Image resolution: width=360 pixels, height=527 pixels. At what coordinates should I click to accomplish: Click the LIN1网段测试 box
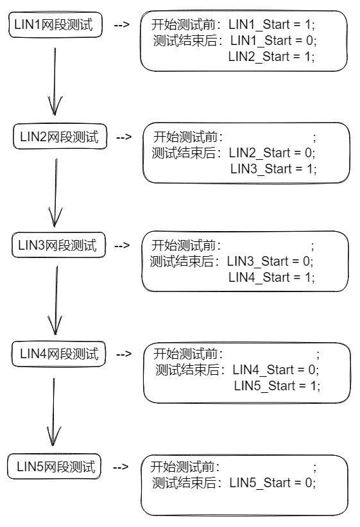point(55,26)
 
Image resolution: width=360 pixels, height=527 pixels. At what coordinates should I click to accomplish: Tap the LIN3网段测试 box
point(58,245)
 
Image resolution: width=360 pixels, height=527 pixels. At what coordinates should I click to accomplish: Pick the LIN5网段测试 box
point(56,467)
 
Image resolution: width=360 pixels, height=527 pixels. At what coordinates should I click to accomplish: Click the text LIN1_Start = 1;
point(272,25)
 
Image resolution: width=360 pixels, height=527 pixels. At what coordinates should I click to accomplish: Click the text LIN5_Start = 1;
point(277,386)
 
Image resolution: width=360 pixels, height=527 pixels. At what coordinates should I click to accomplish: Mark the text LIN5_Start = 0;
point(273,483)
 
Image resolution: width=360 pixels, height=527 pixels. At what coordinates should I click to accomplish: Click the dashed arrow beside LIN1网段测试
point(121,26)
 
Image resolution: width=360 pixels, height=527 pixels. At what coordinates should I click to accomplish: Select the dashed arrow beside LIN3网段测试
point(122,245)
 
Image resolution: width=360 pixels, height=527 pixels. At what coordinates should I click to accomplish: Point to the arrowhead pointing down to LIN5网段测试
point(55,436)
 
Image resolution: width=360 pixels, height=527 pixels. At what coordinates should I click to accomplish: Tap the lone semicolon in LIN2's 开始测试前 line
point(314,137)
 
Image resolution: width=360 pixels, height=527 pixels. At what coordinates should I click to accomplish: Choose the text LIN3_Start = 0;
point(270,261)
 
